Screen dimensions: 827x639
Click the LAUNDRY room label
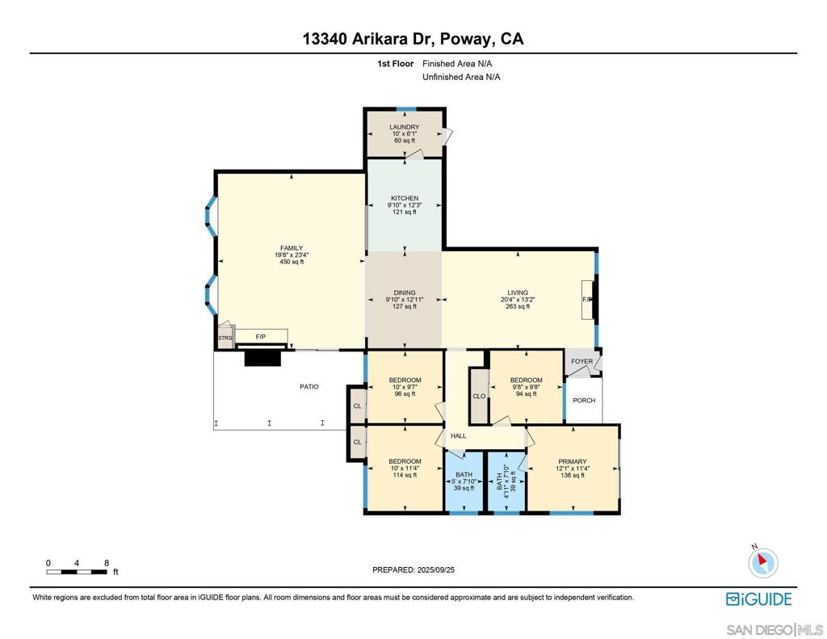point(405,127)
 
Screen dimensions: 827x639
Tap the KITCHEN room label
point(405,199)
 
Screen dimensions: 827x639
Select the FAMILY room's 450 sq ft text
point(292,262)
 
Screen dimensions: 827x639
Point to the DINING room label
point(405,293)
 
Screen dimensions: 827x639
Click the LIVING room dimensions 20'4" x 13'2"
point(518,300)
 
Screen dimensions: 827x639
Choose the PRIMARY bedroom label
point(573,462)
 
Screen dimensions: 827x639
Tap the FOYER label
point(581,361)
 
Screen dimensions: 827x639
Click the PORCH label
point(584,401)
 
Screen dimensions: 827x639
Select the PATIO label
point(309,387)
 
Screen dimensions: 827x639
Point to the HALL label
point(459,436)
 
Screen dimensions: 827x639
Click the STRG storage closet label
point(225,338)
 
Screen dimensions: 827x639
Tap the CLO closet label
point(479,397)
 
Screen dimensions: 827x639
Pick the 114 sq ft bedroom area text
point(405,475)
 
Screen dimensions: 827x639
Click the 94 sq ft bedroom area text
point(527,393)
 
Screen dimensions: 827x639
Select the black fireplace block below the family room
point(262,359)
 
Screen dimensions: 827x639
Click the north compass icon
point(762,562)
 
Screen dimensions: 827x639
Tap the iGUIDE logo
point(759,599)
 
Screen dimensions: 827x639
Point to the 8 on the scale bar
point(107,563)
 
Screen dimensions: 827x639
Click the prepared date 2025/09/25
point(435,570)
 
